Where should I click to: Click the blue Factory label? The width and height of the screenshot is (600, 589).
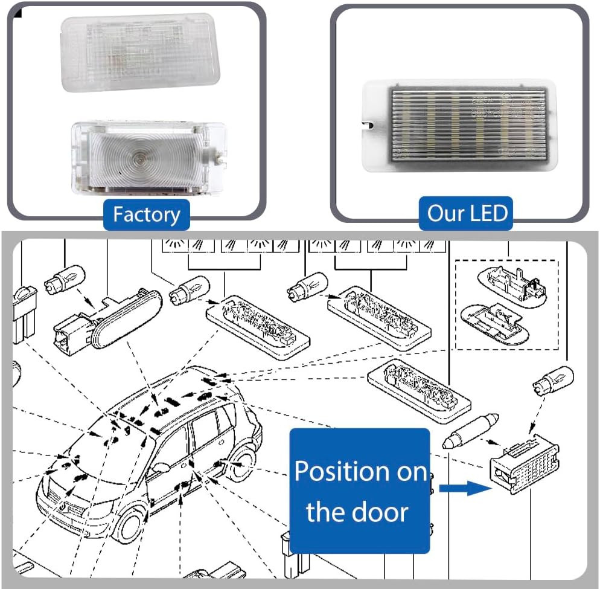(147, 214)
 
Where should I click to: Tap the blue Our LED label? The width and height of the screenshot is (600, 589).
(467, 213)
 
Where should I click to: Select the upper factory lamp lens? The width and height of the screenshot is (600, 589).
(140, 53)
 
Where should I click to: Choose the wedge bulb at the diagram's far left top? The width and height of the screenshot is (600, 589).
(65, 280)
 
